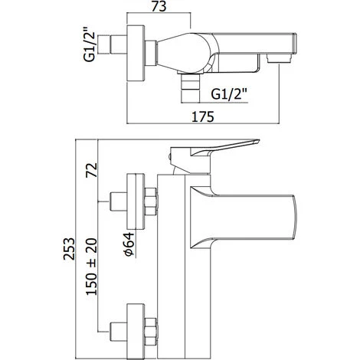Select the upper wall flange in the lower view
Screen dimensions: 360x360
coord(137,198)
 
